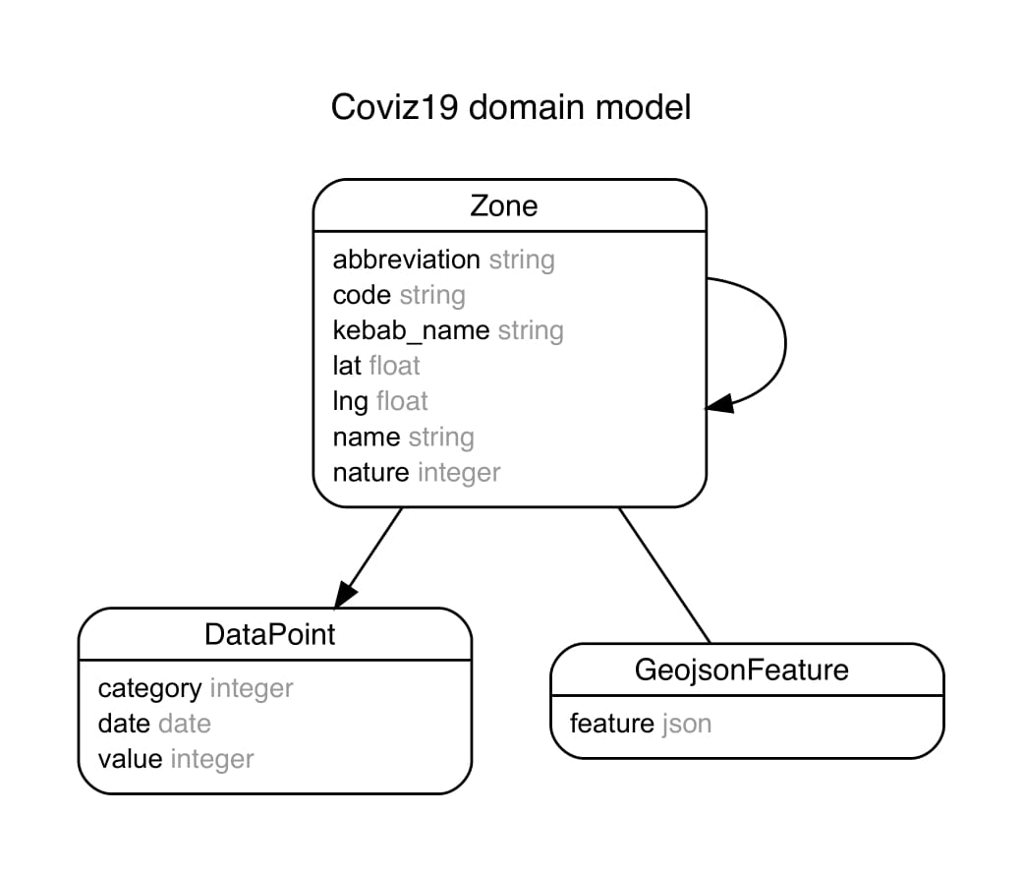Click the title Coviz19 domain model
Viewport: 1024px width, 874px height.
tap(511, 107)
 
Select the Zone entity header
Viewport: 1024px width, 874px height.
tap(504, 205)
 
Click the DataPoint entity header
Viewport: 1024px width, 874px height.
tap(269, 634)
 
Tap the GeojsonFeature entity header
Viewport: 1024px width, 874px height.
tap(741, 670)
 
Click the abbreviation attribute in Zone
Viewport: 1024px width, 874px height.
tap(406, 260)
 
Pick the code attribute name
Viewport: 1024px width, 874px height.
tap(362, 295)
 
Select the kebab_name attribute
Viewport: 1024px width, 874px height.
tap(411, 330)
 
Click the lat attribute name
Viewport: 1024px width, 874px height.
tap(347, 366)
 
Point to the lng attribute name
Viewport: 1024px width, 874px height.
tap(350, 401)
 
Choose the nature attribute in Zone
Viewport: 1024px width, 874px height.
tap(370, 472)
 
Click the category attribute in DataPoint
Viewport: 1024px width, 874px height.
tap(149, 688)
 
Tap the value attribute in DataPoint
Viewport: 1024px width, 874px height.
tap(130, 759)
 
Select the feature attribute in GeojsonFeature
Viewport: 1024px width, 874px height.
tap(611, 724)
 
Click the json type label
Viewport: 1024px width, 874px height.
tap(686, 724)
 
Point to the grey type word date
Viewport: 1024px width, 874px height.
tap(184, 724)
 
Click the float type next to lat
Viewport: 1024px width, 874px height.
tap(394, 366)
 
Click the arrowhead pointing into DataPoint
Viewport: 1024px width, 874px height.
tap(345, 593)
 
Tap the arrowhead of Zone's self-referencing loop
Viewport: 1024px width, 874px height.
tap(719, 404)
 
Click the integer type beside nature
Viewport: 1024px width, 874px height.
tap(458, 472)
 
